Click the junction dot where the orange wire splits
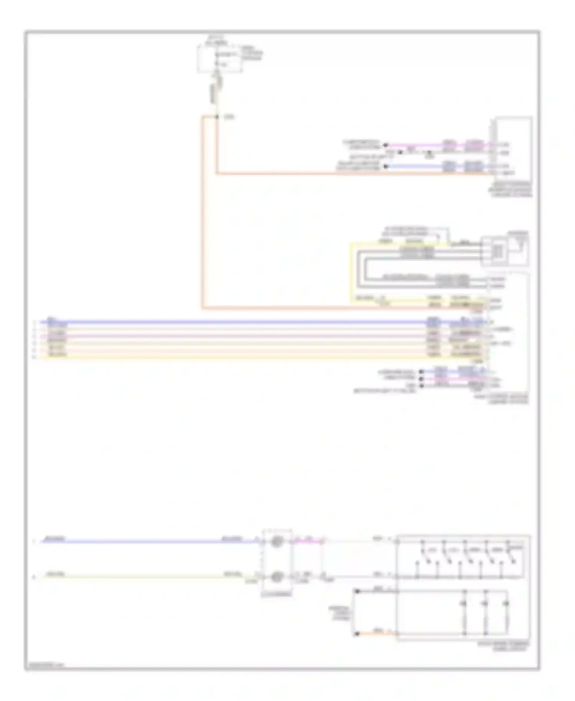click(217, 116)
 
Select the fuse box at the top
click(220, 59)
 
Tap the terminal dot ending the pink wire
click(386, 145)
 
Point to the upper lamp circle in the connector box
click(277, 542)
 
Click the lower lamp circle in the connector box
click(277, 576)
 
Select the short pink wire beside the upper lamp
click(309, 542)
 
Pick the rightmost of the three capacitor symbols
click(506, 604)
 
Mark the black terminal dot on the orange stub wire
click(357, 634)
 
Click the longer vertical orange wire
click(202, 211)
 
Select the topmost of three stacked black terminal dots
click(421, 371)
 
